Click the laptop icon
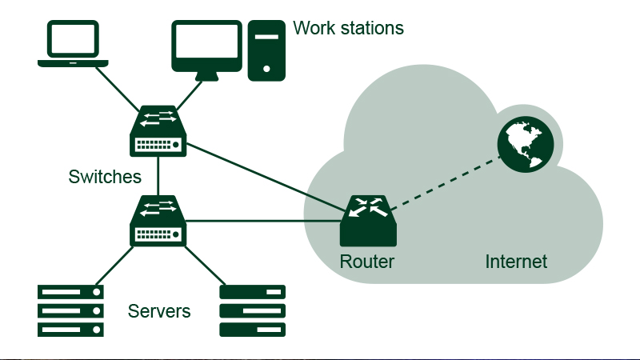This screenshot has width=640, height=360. [73, 44]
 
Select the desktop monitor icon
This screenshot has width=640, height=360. [206, 46]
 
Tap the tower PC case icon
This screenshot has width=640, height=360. [267, 50]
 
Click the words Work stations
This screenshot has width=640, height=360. [348, 29]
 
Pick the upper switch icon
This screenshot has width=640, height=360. [158, 131]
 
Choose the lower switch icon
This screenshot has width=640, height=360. [158, 221]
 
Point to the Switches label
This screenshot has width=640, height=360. [105, 176]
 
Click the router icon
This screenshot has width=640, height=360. [368, 222]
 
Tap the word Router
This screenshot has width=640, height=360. [367, 262]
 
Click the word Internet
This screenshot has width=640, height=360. [516, 262]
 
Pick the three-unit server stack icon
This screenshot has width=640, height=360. [70, 310]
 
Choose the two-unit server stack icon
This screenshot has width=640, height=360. [253, 310]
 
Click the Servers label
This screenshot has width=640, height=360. [159, 310]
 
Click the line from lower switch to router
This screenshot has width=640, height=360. [264, 221]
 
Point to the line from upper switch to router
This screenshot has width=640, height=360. [264, 174]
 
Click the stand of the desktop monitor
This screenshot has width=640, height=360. [206, 76]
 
